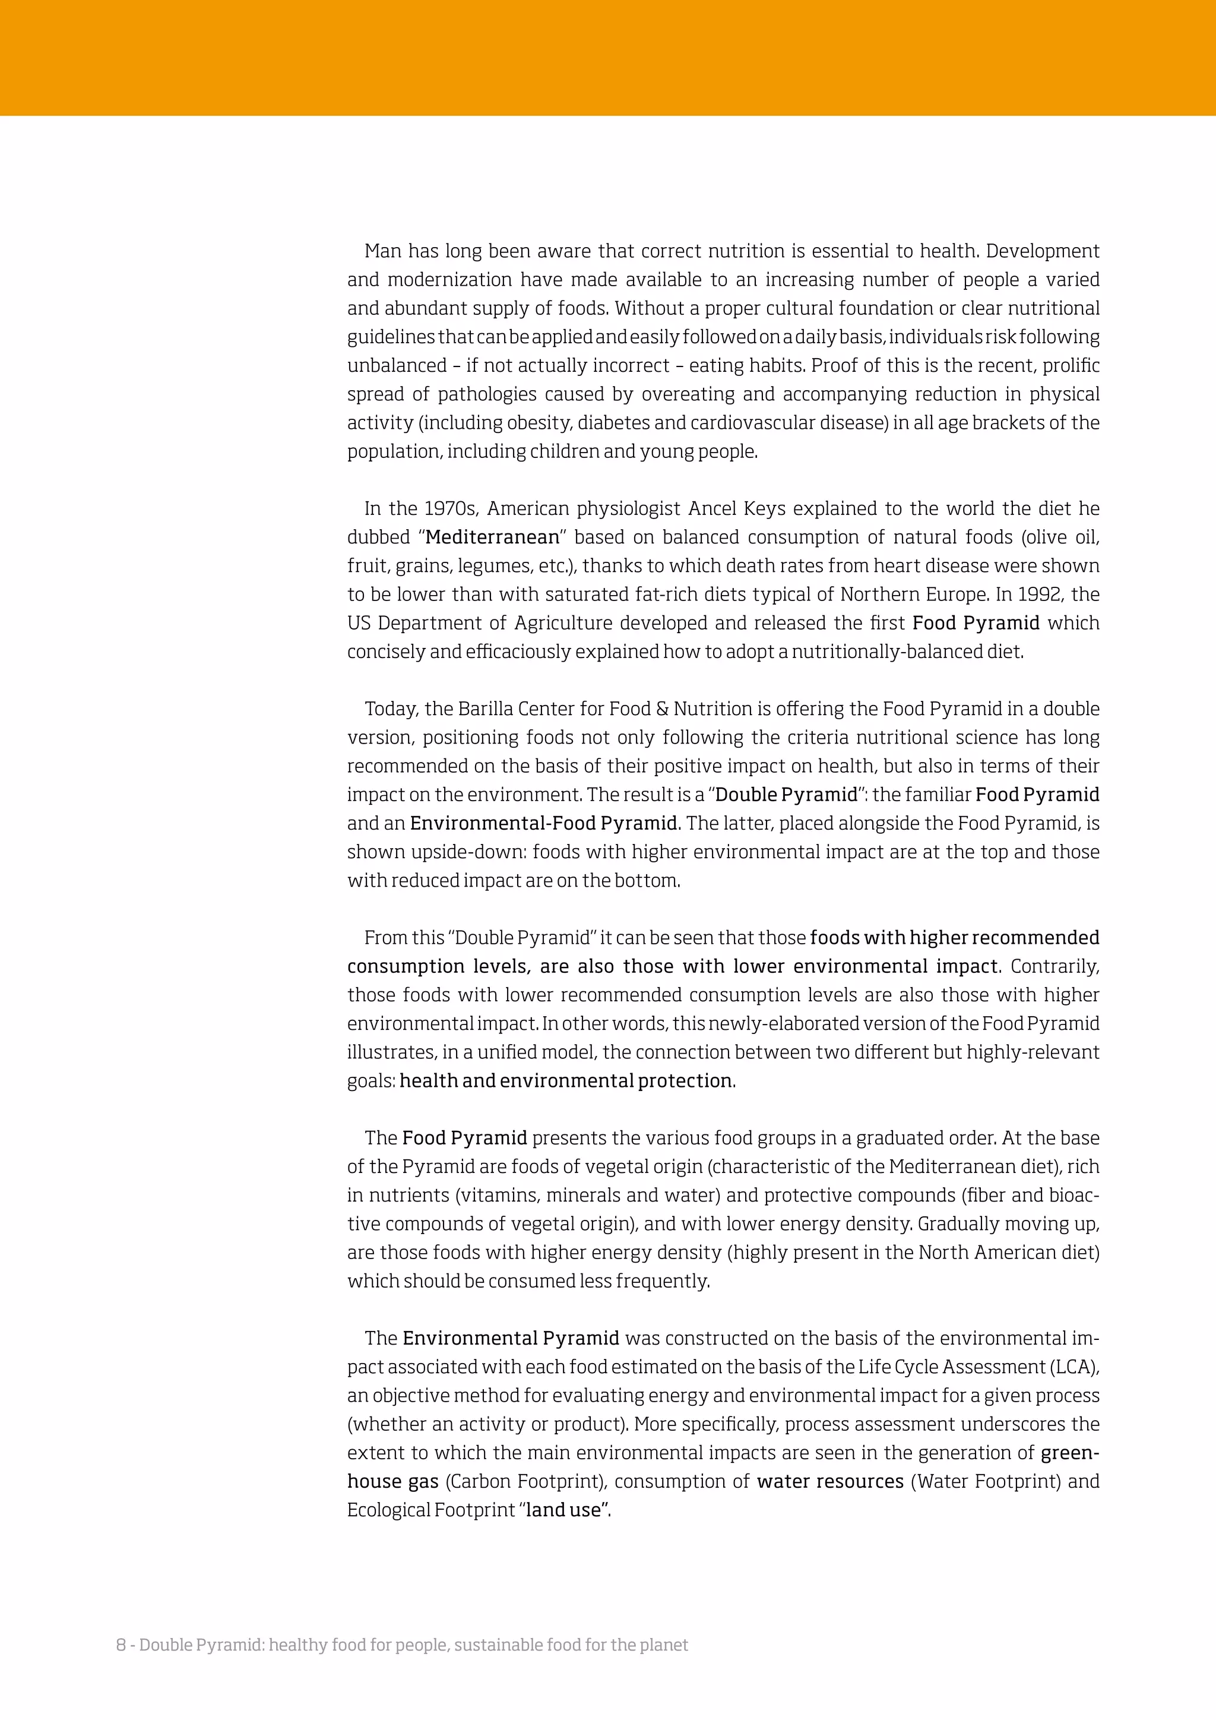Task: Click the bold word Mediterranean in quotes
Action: tap(492, 537)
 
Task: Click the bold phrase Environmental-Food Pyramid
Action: tap(544, 823)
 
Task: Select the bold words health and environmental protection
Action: tap(566, 1081)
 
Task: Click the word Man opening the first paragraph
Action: tap(384, 251)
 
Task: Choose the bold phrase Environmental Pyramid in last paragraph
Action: tap(511, 1339)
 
